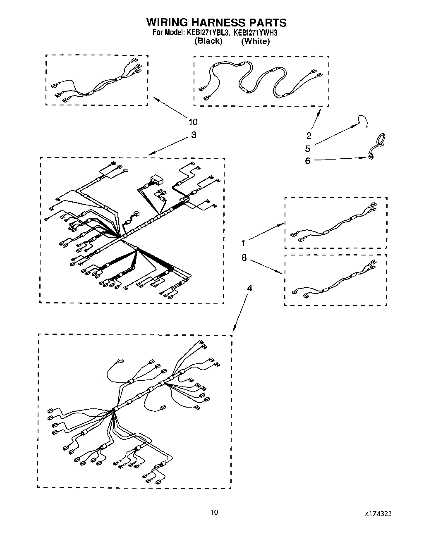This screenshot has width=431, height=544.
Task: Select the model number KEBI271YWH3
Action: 252,33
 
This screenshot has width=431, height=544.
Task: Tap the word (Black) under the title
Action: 208,41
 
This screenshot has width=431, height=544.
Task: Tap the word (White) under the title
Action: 256,41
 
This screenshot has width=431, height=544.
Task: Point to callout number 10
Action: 193,122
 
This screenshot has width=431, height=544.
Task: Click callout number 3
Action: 194,135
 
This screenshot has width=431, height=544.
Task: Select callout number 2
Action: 309,135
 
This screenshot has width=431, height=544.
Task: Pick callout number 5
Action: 308,148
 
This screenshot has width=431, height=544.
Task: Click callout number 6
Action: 308,161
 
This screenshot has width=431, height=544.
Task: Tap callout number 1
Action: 244,243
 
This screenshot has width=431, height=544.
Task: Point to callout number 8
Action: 244,258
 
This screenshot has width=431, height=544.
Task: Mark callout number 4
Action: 249,288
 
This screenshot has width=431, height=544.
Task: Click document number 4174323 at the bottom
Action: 378,513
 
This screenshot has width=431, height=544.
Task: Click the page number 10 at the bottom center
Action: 214,513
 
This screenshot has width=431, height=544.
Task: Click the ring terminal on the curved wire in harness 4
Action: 120,360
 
